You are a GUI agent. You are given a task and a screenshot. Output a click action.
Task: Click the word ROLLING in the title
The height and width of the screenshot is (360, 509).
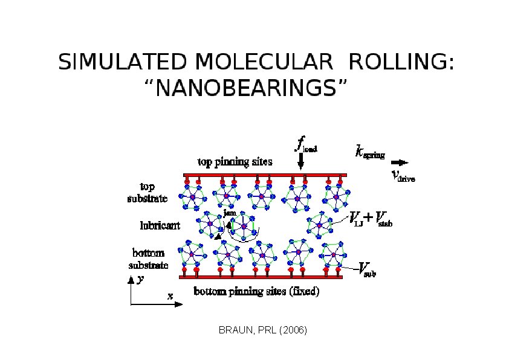401,61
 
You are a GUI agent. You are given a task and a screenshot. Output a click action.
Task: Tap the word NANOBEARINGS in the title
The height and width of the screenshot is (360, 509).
246,88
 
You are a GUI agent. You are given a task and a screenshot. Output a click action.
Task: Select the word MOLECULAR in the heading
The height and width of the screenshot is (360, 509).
264,61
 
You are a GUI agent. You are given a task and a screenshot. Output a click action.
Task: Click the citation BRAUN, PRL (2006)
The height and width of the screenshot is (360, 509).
262,330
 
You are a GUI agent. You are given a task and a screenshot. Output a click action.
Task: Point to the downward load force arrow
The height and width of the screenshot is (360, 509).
300,161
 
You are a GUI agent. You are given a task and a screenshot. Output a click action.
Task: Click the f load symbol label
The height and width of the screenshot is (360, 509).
306,144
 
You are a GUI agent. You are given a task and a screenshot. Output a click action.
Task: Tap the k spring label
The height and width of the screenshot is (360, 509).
370,152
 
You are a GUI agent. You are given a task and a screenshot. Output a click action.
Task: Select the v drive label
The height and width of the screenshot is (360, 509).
403,176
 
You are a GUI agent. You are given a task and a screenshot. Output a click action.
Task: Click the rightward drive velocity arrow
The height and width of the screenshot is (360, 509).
400,162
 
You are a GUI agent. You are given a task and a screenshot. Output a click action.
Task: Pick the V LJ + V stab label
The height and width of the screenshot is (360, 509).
371,219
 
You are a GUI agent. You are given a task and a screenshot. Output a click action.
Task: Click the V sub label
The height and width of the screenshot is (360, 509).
367,269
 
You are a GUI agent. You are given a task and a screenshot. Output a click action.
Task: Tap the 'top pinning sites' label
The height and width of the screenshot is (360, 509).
235,161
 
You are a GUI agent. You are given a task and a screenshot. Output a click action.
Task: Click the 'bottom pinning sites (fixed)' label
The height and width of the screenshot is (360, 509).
256,291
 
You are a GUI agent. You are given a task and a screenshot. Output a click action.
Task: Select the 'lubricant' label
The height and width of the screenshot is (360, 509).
160,225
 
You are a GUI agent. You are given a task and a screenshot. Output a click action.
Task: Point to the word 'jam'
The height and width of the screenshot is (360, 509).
230,213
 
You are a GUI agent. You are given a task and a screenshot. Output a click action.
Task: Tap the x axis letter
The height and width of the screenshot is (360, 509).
170,296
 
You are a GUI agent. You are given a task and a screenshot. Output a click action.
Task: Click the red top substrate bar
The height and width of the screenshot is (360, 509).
265,175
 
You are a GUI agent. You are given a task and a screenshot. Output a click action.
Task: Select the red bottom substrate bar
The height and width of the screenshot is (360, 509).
261,277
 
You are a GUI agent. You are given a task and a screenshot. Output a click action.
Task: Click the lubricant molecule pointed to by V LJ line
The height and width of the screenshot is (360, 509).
320,225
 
